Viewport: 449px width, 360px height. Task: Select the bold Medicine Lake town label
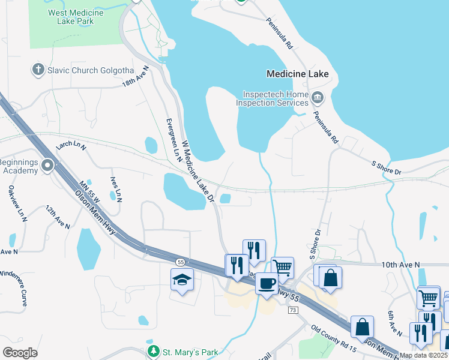coord(297,74)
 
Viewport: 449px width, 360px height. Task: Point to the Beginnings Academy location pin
coord(47,165)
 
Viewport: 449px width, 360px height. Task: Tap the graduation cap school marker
coord(181,280)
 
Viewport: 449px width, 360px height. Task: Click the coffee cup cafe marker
coord(267,283)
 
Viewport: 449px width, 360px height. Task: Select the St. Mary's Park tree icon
coord(154,350)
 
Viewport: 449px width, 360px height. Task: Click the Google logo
coord(20,352)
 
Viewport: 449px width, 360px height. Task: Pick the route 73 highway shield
coord(293,310)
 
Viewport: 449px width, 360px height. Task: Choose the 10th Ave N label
coord(402,265)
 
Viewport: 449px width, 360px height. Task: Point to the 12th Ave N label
coord(58,217)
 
